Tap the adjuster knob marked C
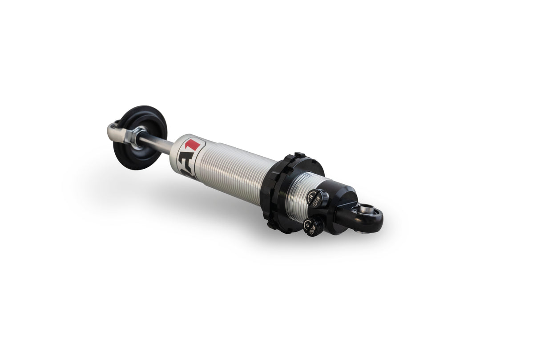313,227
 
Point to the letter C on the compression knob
307,225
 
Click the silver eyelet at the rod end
115,131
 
